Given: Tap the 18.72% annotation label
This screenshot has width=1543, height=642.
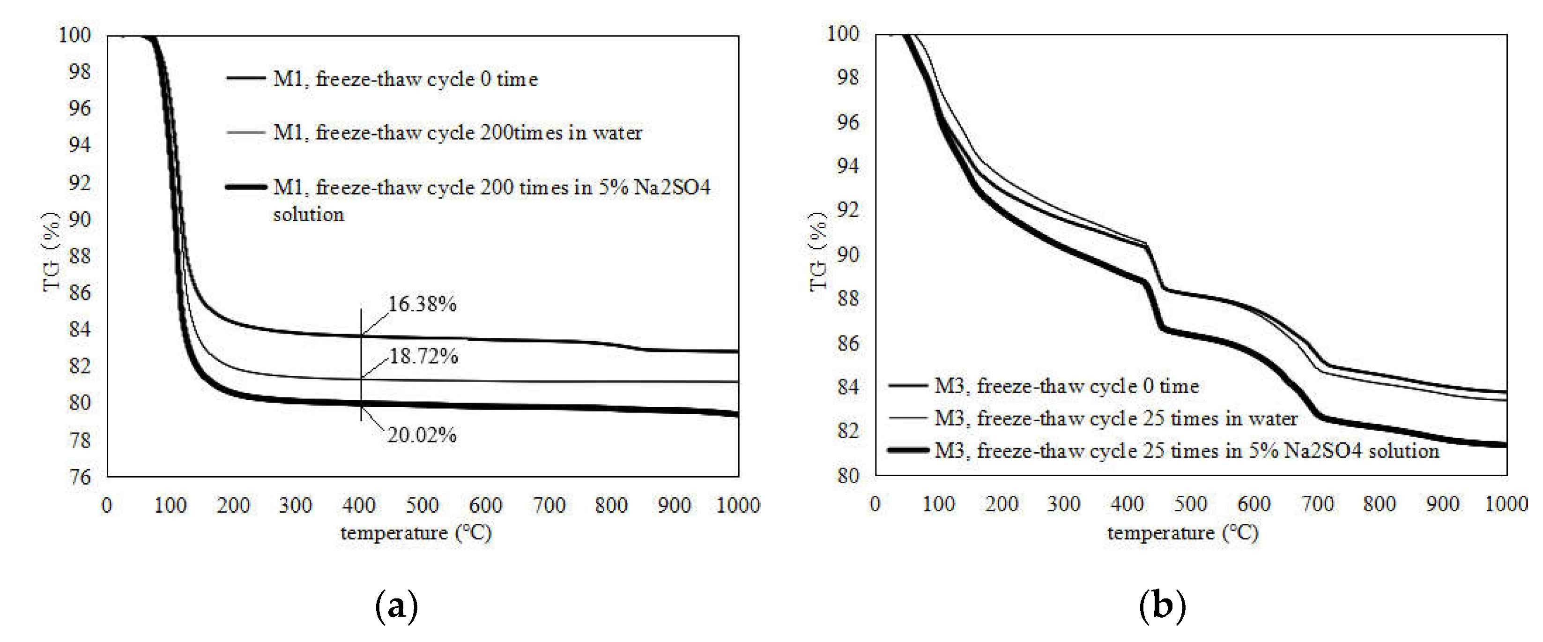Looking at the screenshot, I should (x=423, y=357).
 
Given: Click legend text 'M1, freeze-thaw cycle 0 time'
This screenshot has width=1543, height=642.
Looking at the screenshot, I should (x=406, y=79).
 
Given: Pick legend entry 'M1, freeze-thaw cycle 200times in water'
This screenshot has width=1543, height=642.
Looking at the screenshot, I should (x=458, y=133).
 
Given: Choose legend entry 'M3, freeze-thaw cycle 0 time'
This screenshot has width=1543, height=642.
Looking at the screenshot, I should (x=1066, y=386).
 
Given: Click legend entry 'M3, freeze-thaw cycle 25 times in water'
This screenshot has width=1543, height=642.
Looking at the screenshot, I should (x=1115, y=418).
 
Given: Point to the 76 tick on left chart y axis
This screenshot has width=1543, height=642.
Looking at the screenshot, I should (x=80, y=477).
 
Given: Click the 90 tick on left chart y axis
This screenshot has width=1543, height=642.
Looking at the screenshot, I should (x=80, y=219).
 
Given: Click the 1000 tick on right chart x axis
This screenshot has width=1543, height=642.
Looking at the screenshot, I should (x=1506, y=504).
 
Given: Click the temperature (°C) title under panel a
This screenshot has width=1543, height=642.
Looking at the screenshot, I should (x=415, y=533).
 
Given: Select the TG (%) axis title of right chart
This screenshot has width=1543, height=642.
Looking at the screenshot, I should (x=818, y=252).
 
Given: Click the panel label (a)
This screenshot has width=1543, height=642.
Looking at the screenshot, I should (x=396, y=607).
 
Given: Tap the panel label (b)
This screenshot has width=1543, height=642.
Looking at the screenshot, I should (x=1162, y=607).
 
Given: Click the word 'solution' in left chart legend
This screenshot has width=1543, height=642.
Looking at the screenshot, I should (x=309, y=215).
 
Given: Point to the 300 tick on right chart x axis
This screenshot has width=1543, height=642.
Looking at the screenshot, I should (x=1063, y=504).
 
